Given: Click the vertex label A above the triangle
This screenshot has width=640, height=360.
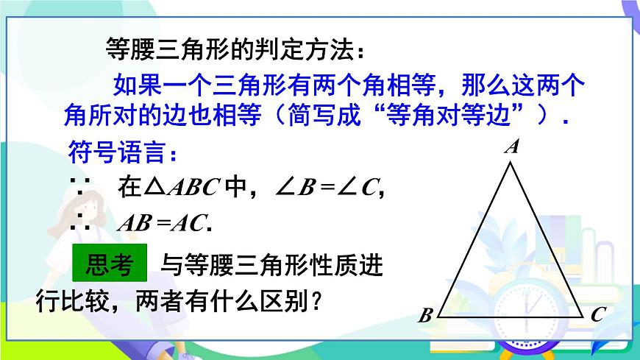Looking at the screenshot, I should coord(512,147).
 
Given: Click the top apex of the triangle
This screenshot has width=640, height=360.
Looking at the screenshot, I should coord(512,163).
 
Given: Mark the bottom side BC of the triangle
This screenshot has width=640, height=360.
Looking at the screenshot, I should coord(512,316).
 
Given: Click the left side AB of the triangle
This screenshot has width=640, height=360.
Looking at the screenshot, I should coord(475,239).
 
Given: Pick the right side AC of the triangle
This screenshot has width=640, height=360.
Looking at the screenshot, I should coord(549,239).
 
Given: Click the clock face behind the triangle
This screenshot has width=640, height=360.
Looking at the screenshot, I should coord(526,309).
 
